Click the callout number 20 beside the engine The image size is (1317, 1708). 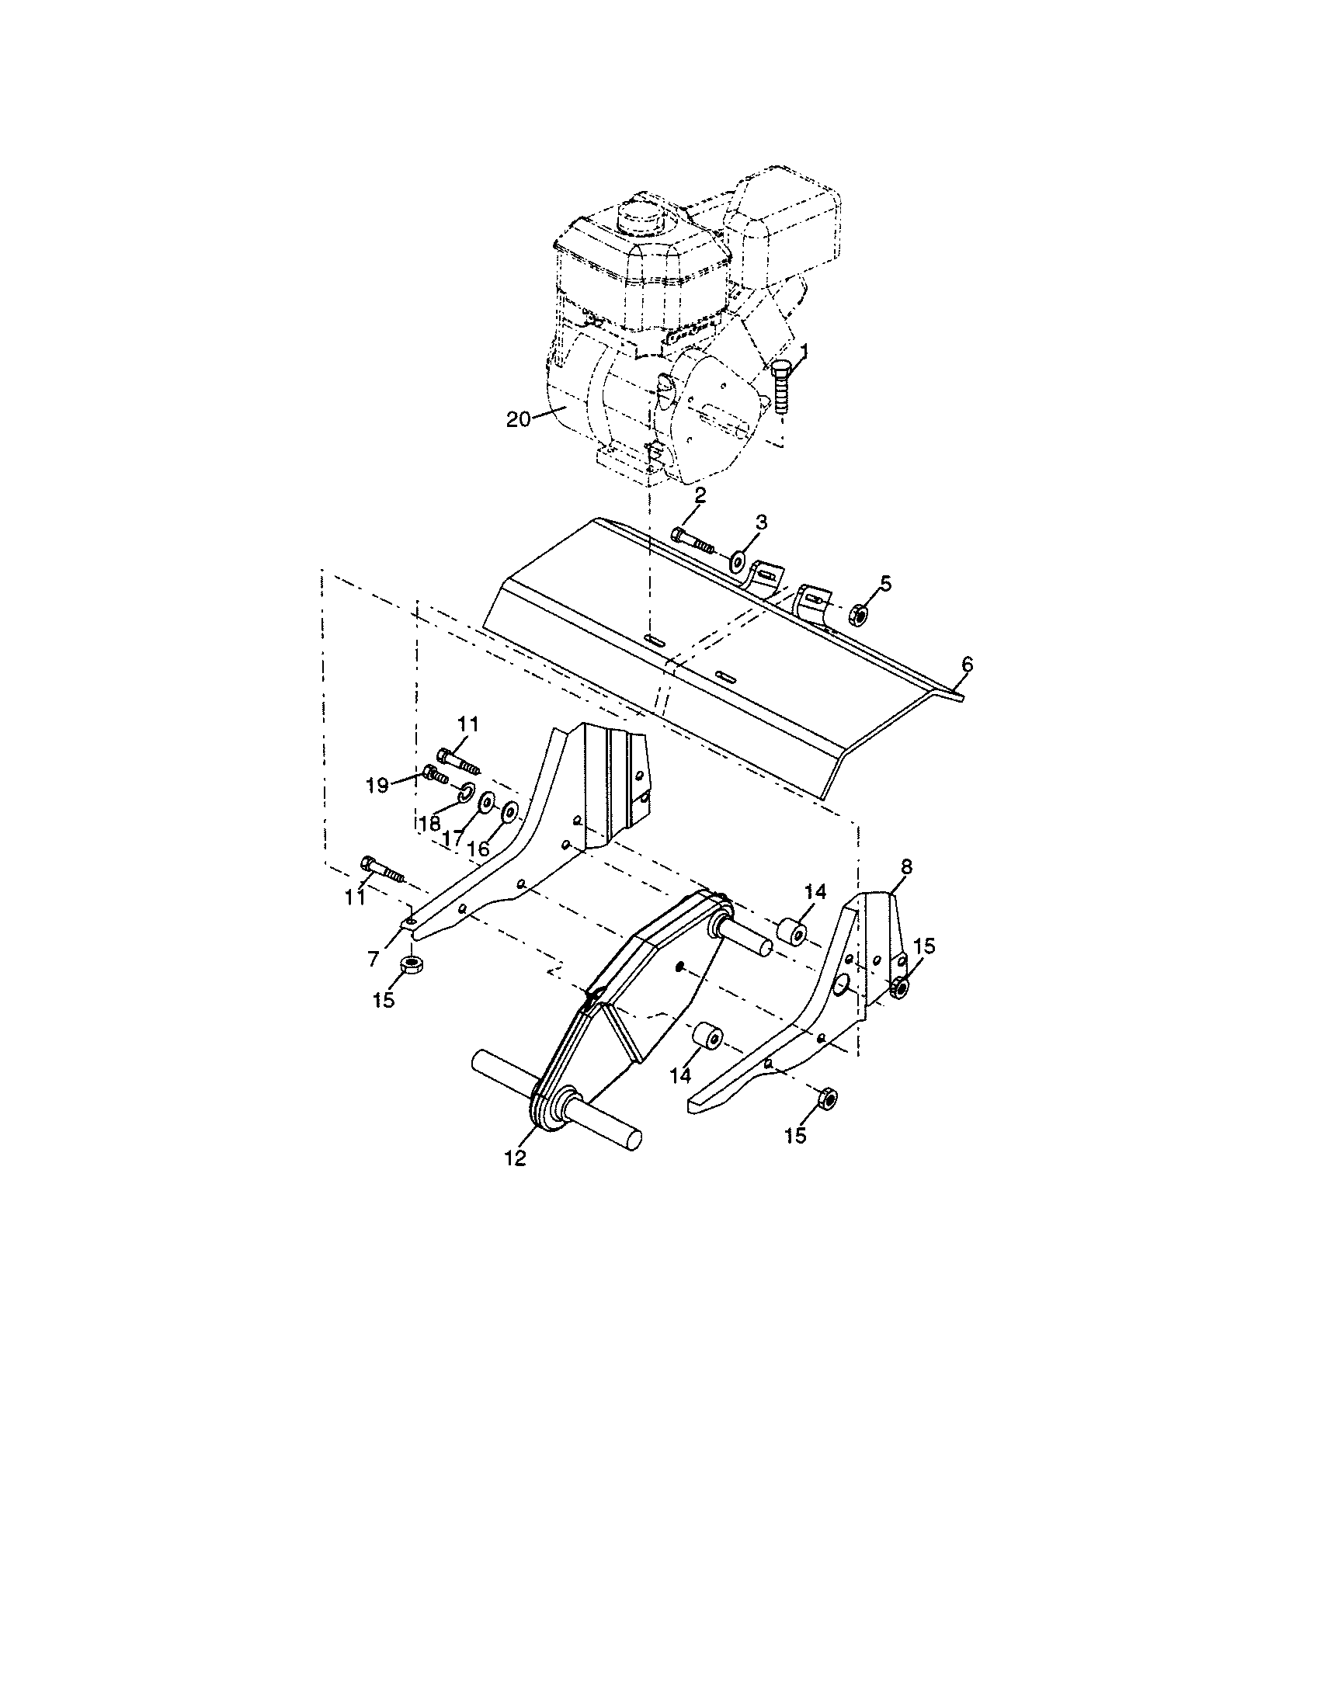coord(518,419)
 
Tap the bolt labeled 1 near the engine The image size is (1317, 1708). coord(783,392)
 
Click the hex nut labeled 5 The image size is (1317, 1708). coord(857,613)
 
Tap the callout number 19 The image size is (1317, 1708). coord(377,784)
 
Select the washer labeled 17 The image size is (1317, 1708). coord(486,804)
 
